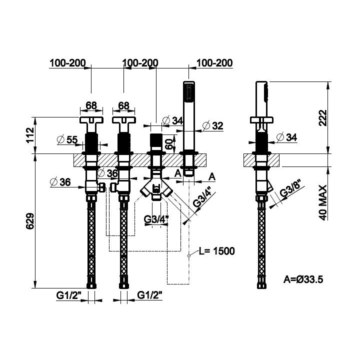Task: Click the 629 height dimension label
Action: tap(30, 221)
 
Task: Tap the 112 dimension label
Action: tap(30, 135)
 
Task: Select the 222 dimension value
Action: tap(323, 118)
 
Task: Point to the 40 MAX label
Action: tap(323, 202)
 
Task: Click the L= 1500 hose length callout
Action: tap(216, 251)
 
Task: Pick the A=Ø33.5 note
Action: tap(303, 279)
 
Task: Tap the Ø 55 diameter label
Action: tap(67, 139)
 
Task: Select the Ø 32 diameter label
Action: tap(213, 125)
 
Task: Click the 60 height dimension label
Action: tap(169, 144)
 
